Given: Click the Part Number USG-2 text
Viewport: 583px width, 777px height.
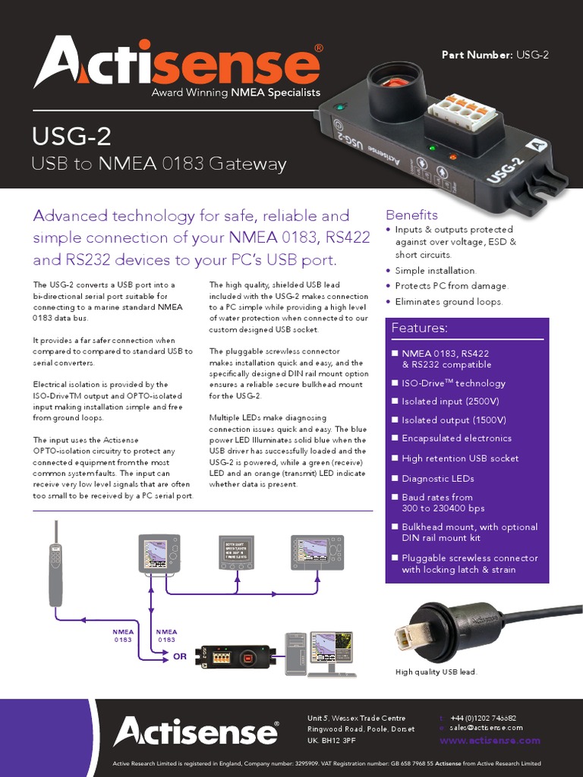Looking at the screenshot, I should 495,55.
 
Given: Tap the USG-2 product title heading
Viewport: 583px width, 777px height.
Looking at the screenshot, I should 71,137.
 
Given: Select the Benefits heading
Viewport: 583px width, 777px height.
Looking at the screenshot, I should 411,215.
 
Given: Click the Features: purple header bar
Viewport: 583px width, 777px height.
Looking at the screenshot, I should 466,329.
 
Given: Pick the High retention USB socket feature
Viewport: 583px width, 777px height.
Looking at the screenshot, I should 460,458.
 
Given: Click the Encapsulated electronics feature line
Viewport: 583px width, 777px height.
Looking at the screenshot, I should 456,439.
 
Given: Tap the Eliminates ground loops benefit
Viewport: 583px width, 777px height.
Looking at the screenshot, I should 449,302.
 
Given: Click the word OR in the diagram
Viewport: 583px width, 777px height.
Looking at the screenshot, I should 180,657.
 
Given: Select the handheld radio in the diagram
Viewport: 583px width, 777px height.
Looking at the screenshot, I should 55,568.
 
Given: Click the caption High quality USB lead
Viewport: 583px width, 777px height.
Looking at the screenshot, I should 436,672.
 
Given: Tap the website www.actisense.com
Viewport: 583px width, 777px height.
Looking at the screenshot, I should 490,741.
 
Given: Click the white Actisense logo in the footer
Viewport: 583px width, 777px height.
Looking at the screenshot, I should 195,732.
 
